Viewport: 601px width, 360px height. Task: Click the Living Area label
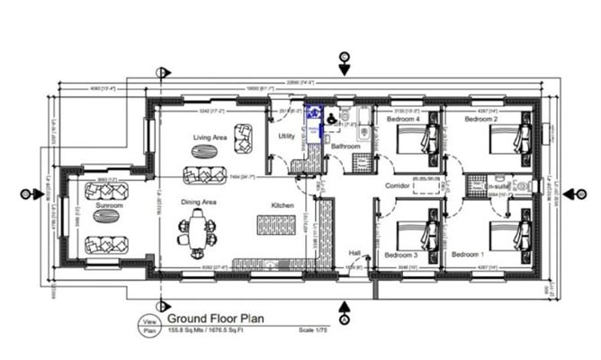click(210, 138)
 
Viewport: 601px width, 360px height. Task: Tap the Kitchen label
click(283, 206)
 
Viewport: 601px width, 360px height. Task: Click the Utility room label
click(286, 136)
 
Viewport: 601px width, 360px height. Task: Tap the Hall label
click(354, 253)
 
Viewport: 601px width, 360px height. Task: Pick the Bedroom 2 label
click(481, 119)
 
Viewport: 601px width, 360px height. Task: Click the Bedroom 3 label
click(400, 255)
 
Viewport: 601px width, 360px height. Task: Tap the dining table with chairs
click(196, 232)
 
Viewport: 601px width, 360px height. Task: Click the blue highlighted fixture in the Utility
click(313, 124)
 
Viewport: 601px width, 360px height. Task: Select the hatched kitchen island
click(276, 225)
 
